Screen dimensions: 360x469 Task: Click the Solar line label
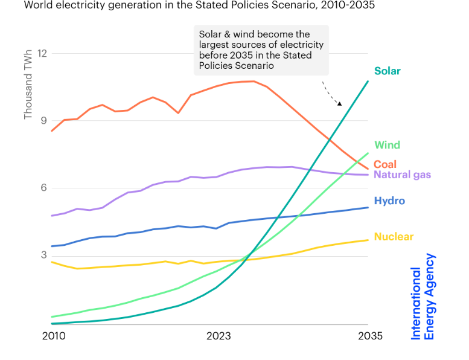387,71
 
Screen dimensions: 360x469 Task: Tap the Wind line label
387,145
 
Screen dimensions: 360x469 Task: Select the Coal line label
385,164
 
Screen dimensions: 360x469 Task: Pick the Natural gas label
403,175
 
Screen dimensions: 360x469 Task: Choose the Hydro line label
389,201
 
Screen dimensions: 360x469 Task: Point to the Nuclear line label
394,237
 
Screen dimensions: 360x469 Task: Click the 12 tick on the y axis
42,53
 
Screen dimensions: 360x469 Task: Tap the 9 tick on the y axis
44,121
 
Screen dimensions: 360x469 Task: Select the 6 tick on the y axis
44,188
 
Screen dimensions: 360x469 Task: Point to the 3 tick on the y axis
44,256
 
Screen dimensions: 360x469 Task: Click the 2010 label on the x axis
54,336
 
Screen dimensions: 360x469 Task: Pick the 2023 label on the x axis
219,336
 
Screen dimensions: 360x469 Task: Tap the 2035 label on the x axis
367,336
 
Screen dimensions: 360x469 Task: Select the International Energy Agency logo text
423,296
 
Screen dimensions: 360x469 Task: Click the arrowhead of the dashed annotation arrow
339,103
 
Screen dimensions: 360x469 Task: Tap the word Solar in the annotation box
211,34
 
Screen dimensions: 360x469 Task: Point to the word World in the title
38,5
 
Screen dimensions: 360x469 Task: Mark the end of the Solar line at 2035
368,82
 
